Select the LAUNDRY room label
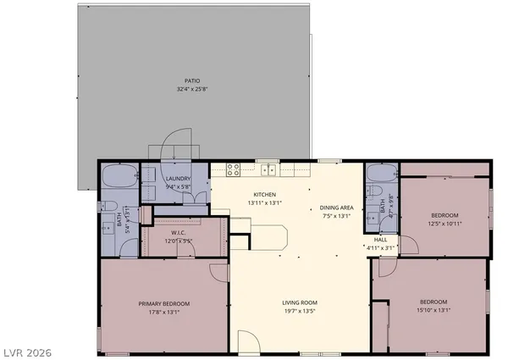click(x=178, y=178)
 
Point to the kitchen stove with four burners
click(x=233, y=169)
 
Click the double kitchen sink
click(x=269, y=169)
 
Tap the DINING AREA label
click(x=336, y=208)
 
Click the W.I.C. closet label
click(x=178, y=233)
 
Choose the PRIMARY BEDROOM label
click(x=164, y=303)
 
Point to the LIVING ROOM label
click(x=299, y=302)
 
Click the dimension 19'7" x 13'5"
click(x=299, y=310)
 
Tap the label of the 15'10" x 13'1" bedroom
click(x=433, y=302)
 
